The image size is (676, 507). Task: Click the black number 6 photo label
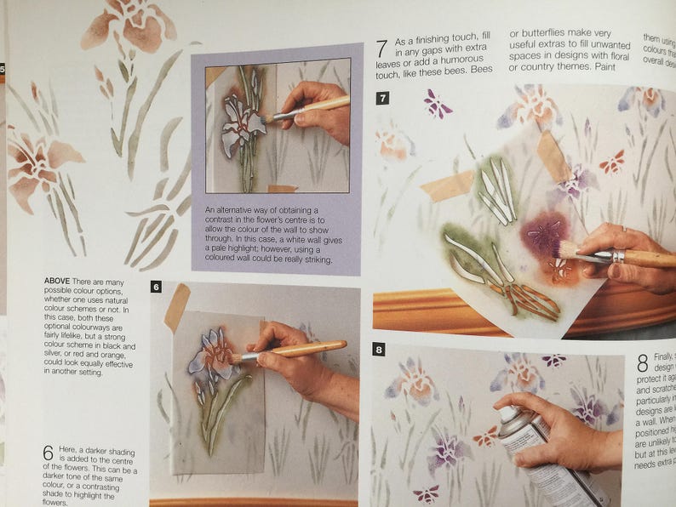coord(156,288)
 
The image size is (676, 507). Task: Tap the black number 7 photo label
coord(383,99)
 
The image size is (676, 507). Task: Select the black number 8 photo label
coord(379,349)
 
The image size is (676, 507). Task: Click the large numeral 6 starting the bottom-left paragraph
coord(49,453)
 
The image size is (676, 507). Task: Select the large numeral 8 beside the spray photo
coord(643,363)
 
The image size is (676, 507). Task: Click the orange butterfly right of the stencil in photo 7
coord(611,162)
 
